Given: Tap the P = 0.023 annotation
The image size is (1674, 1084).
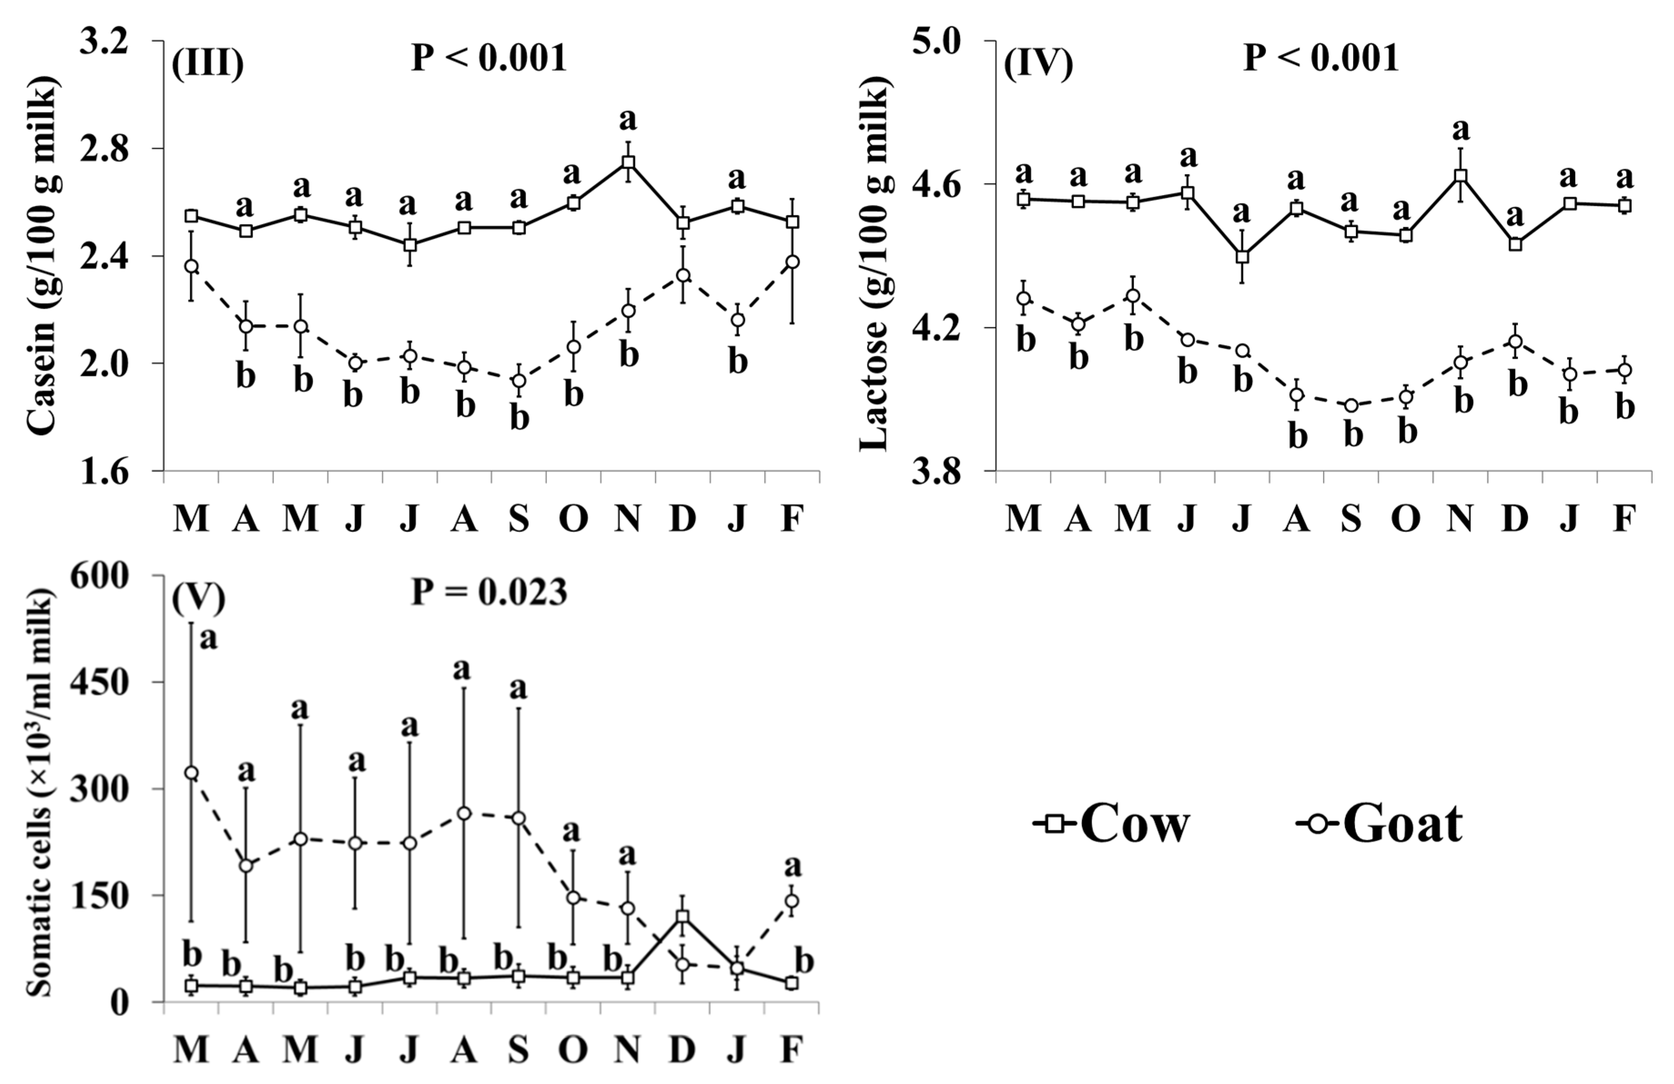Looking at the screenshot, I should (x=489, y=592).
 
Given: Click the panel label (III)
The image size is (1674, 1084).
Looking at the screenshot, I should (x=207, y=63).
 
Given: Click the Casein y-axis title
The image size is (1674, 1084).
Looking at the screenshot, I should (x=42, y=256).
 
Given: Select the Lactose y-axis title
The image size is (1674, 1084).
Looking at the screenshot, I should (x=874, y=264).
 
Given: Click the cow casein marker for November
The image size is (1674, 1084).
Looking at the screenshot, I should (x=628, y=162).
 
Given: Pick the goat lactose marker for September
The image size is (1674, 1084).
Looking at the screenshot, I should (x=1351, y=406).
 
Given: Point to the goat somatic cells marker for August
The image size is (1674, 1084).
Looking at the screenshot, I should (x=464, y=813).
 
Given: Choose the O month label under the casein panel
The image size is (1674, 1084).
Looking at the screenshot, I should (x=573, y=520).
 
